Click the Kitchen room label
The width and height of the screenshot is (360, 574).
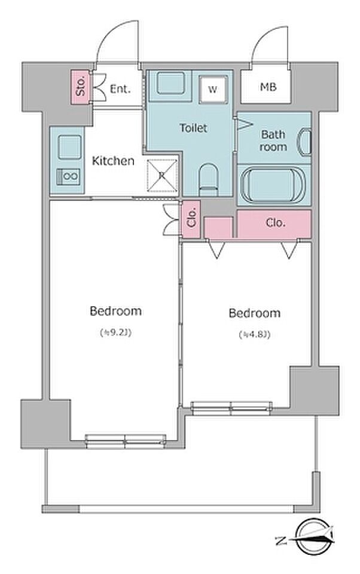113,161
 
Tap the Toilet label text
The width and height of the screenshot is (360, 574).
193,128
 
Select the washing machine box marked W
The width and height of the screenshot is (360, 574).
213,89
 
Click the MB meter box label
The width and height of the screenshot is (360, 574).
268,87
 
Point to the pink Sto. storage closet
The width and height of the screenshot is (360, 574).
80,87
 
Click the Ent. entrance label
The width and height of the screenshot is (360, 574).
120,88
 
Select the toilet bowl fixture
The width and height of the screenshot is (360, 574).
208,179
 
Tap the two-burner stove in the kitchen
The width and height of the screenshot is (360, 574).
69,176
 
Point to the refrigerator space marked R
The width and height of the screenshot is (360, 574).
162,175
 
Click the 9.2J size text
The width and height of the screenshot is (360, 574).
115,333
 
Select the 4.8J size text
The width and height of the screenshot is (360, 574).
255,334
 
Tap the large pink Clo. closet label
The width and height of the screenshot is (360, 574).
275,222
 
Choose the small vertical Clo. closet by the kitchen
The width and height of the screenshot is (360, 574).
191,219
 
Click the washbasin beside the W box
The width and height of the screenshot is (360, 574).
170,84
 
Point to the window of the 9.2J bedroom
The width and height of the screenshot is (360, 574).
125,441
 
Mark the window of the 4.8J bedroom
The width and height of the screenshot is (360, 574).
231,408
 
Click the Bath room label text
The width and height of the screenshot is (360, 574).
273,141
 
